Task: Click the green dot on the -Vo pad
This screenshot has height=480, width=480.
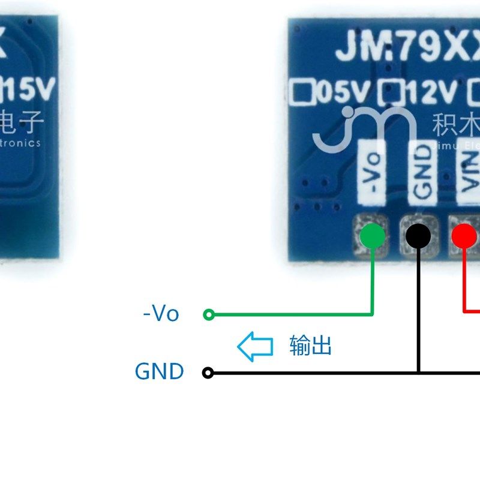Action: coord(373,236)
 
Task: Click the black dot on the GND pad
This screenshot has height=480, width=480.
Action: coord(418,236)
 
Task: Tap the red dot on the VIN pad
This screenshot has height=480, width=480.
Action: coord(464,236)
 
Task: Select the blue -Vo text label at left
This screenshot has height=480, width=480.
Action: coord(161,313)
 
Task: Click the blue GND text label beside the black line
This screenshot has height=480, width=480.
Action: coord(159,371)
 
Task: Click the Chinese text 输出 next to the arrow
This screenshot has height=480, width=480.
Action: coord(310,346)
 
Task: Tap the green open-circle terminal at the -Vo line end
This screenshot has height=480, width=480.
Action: coord(209,314)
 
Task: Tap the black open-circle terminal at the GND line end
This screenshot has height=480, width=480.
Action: coord(208,373)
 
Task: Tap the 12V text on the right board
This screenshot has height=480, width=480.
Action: coord(432,93)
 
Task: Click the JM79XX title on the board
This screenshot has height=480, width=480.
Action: coord(408,48)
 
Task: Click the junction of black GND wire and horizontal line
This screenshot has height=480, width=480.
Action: coord(418,373)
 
